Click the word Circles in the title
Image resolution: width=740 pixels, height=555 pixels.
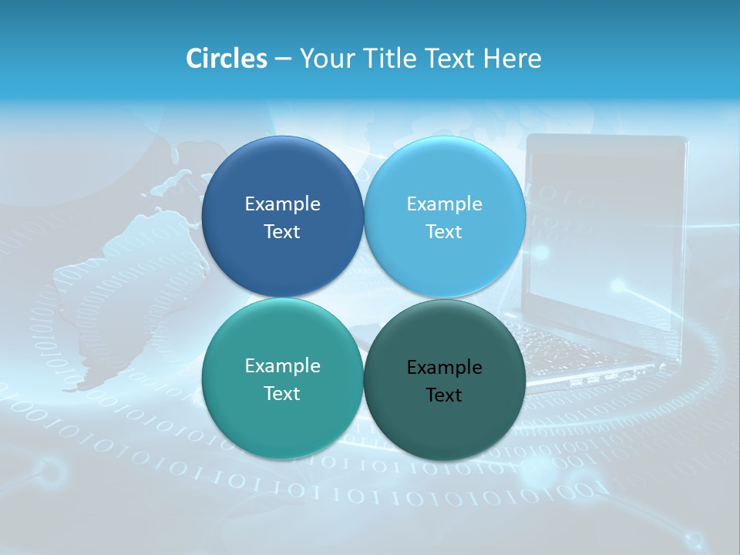pyautogui.click(x=227, y=59)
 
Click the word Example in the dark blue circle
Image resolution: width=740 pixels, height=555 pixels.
pyautogui.click(x=282, y=203)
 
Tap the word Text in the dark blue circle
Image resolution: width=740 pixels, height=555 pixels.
pyautogui.click(x=282, y=231)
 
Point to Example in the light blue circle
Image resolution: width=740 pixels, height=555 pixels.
pyautogui.click(x=444, y=203)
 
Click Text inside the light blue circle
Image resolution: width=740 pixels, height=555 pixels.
pyautogui.click(x=444, y=231)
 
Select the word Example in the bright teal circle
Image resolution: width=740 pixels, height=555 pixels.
pyautogui.click(x=282, y=365)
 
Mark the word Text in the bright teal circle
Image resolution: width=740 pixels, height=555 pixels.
pyautogui.click(x=282, y=393)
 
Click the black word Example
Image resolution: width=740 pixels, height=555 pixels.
pyautogui.click(x=444, y=367)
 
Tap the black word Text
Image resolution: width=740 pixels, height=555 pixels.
pyautogui.click(x=444, y=395)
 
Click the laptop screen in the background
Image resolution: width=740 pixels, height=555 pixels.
pyautogui.click(x=605, y=224)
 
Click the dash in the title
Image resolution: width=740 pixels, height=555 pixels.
pyautogui.click(x=283, y=59)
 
